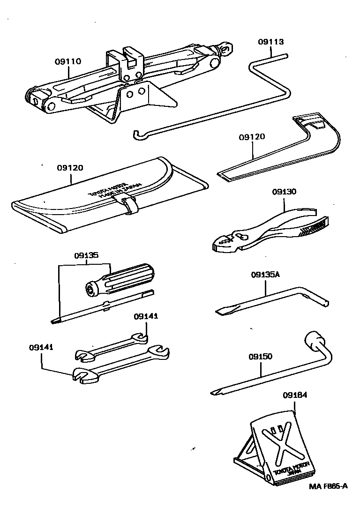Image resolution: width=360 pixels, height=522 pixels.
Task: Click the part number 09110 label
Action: [x=68, y=61]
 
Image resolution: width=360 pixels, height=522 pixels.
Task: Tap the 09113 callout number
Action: [x=270, y=42]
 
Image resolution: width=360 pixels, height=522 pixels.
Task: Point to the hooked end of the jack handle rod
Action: [x=135, y=134]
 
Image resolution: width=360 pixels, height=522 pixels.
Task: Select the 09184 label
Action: [x=295, y=395]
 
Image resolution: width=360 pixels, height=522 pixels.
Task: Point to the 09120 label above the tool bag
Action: [x=70, y=167]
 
